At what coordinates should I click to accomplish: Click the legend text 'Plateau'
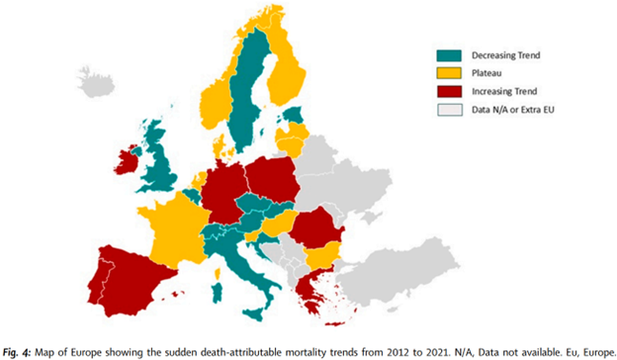tap(490, 72)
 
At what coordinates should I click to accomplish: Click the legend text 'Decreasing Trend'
tap(512, 55)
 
